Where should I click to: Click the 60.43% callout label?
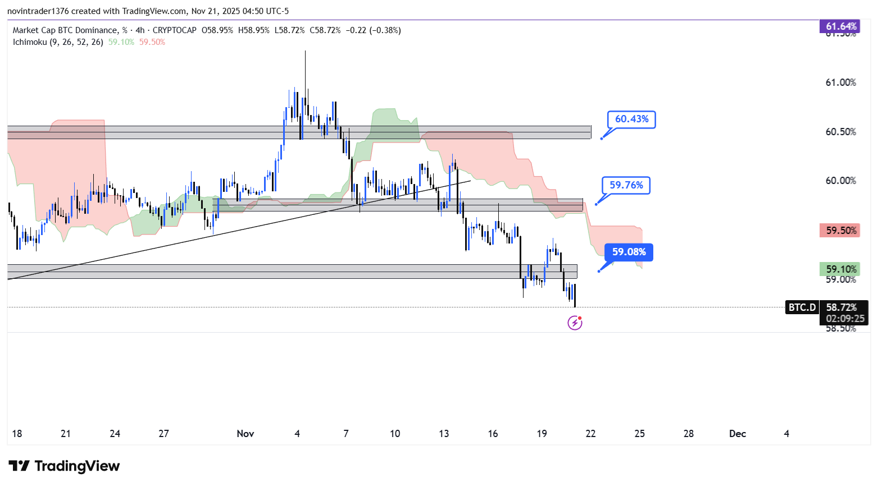631,120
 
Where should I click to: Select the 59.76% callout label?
626,185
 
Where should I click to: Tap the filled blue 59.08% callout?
629,252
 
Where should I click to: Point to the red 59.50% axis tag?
840,231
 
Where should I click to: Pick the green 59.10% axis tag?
840,269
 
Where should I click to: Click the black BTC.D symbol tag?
802,307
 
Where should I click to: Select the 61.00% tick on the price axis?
840,82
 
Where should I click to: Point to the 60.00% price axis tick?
840,181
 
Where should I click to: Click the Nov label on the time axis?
245,434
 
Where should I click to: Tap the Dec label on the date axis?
738,434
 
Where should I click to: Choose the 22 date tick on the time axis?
590,434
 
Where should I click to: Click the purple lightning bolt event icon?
575,323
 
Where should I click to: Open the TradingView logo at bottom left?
65,466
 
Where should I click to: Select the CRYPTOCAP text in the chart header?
174,30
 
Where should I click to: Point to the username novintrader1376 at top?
37,11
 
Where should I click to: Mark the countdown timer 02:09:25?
844,319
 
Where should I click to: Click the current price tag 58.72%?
841,307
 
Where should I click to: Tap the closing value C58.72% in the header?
325,30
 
